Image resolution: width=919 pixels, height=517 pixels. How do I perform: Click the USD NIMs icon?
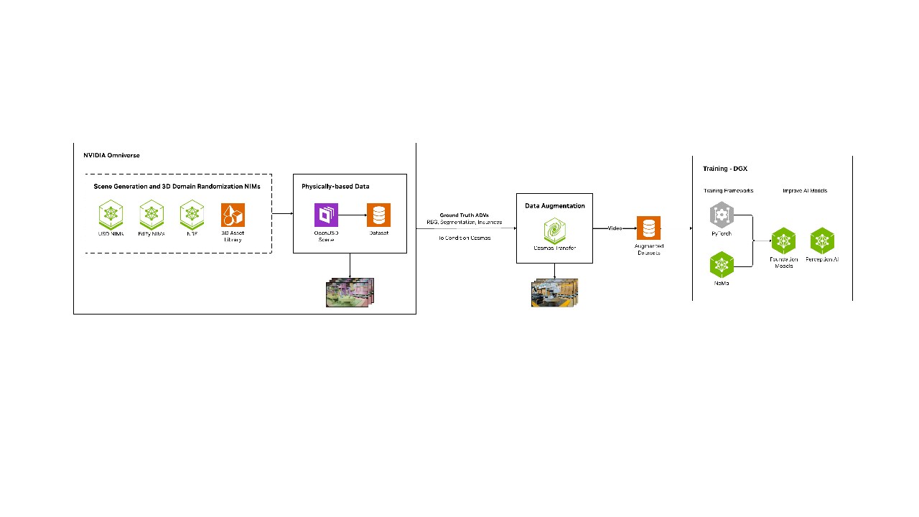coord(111,214)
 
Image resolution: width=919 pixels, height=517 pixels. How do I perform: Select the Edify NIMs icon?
coord(151,214)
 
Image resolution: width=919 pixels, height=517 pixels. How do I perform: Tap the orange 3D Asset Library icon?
coord(233,215)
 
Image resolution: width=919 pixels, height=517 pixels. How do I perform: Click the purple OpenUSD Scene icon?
coord(326,215)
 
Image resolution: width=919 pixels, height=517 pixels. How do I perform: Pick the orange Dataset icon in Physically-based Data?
coord(378,215)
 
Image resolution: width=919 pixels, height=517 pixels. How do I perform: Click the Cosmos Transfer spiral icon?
coord(554,230)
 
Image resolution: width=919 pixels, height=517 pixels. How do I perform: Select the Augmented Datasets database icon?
coord(649,228)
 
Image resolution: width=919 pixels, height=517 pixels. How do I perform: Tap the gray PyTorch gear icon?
coord(721,215)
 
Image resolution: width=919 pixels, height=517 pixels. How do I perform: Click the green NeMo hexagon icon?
coord(721,264)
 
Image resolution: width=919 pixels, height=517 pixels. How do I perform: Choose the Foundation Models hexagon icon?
coord(783,241)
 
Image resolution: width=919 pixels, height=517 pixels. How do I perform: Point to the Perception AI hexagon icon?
coord(822,241)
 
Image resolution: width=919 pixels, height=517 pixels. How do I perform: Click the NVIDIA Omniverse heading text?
coord(111,155)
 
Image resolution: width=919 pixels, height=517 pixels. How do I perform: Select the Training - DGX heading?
coord(725,169)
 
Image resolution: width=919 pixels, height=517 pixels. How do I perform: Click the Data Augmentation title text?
coord(554,206)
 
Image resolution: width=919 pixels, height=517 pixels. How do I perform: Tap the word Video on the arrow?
coord(615,228)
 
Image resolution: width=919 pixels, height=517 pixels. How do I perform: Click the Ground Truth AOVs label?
coord(464,215)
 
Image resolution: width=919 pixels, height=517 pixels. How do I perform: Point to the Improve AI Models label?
coord(805,190)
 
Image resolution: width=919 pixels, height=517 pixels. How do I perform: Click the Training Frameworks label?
coord(728,190)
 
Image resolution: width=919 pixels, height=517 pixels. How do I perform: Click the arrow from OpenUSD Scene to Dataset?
coord(352,215)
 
